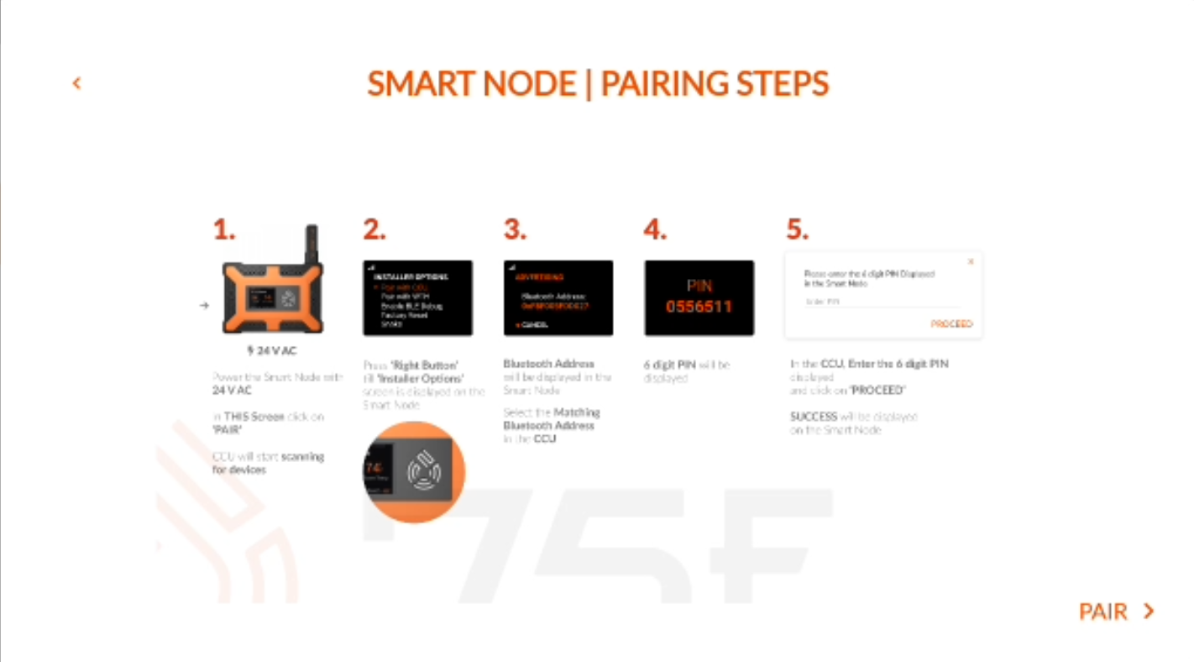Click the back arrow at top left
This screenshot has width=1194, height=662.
[x=76, y=83]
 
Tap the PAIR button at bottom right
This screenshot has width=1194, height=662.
[x=1116, y=612]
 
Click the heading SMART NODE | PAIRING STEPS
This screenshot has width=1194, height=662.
[x=597, y=84]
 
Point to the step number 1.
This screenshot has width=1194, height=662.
[x=223, y=229]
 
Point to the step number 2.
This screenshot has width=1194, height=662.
[x=374, y=229]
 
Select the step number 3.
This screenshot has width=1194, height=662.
[x=515, y=229]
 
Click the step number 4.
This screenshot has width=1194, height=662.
[x=655, y=229]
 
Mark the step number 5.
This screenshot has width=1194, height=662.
[x=797, y=229]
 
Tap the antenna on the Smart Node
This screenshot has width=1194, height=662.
[x=312, y=244]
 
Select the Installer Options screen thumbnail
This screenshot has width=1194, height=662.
[x=417, y=298]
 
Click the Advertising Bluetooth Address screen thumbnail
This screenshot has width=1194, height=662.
[x=558, y=298]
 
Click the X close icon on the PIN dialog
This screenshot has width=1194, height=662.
[x=971, y=262]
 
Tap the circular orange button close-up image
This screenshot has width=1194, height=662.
[x=414, y=472]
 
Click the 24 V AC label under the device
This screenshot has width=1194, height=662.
[x=272, y=350]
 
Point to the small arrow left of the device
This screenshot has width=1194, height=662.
[x=204, y=305]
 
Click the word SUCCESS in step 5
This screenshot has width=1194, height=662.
[x=814, y=416]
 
